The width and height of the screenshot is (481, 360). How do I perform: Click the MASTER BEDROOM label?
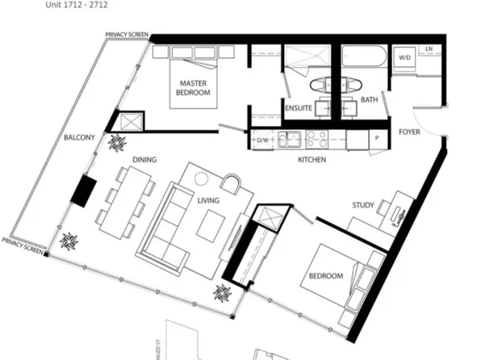pyautogui.click(x=194, y=88)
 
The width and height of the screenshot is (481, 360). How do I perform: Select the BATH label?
pyautogui.click(x=370, y=100)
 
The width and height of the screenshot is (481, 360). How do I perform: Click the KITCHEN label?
pyautogui.click(x=312, y=160)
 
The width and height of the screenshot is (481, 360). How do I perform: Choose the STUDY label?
pyautogui.click(x=363, y=205)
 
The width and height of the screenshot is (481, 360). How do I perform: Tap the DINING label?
pyautogui.click(x=144, y=160)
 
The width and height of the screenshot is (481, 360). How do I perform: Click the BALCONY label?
pyautogui.click(x=80, y=138)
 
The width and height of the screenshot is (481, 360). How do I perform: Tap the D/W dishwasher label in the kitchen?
pyautogui.click(x=261, y=140)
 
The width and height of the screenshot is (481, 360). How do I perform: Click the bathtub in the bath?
pyautogui.click(x=363, y=59)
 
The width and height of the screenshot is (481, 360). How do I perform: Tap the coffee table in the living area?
pyautogui.click(x=212, y=222)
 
